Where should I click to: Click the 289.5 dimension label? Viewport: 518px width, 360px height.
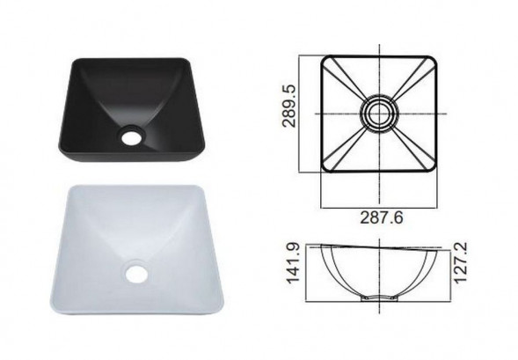(289, 106)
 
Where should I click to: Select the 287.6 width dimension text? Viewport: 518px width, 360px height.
(382, 218)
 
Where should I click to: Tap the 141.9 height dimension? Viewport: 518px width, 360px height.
(293, 263)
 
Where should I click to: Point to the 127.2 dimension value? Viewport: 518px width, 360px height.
(461, 262)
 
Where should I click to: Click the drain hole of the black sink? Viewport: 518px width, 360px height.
(132, 137)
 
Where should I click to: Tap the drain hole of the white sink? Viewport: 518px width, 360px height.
(135, 275)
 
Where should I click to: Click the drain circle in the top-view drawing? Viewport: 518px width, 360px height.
(379, 114)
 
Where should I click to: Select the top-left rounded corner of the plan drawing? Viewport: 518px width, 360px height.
(325, 60)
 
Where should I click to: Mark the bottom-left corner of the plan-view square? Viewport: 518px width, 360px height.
(325, 168)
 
